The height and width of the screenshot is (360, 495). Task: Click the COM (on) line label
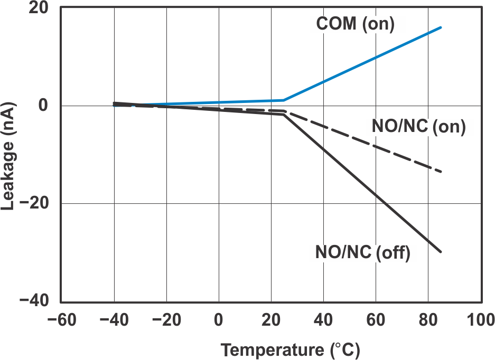point(355,24)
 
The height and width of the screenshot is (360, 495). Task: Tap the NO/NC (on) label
point(418,127)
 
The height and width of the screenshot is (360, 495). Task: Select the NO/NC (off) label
point(362,253)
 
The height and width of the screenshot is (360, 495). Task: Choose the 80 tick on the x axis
point(428,320)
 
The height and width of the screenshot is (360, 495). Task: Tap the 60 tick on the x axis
point(376,320)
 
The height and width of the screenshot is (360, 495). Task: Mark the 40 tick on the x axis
point(323,320)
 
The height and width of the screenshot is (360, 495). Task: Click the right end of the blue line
point(441,27)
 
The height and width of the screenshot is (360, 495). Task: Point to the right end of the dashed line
point(441,172)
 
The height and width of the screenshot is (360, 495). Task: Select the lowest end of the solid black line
point(441,252)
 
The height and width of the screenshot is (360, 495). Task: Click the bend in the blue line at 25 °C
point(284,100)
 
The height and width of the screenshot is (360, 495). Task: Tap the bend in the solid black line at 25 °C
point(284,115)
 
